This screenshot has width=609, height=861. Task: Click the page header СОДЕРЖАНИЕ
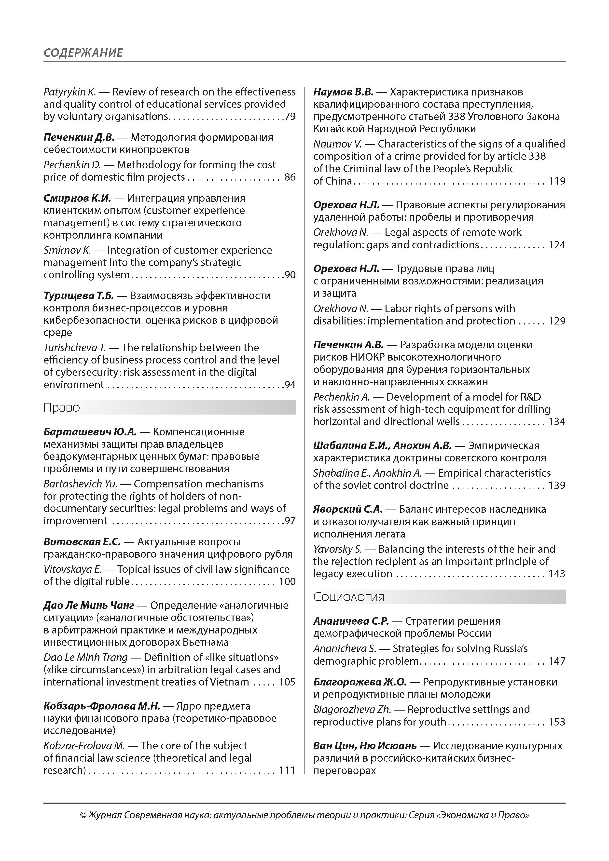(x=83, y=53)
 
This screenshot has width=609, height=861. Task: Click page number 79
(x=290, y=117)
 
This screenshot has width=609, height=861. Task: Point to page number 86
(x=290, y=177)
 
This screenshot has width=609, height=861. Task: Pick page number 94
(x=290, y=385)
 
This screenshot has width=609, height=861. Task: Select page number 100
(x=287, y=582)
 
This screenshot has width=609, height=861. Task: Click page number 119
(x=557, y=181)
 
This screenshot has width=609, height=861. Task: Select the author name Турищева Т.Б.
(x=78, y=296)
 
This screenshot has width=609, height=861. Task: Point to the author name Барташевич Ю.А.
(x=90, y=432)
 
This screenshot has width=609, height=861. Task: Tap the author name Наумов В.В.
(x=343, y=92)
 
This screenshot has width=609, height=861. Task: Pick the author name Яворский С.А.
(x=348, y=509)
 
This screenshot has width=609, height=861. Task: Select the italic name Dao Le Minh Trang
(x=85, y=657)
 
